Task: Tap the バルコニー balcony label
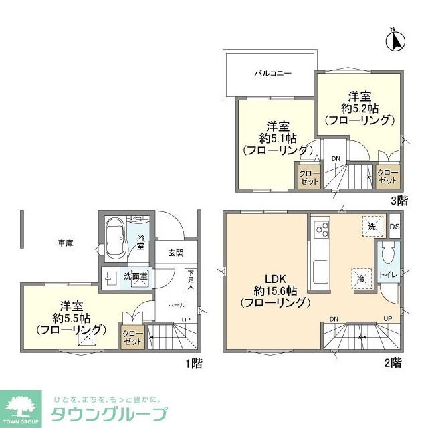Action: pyautogui.click(x=272, y=74)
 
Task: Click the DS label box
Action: pyautogui.click(x=394, y=226)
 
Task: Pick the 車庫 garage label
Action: pyautogui.click(x=65, y=243)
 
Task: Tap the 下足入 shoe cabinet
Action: pyautogui.click(x=191, y=279)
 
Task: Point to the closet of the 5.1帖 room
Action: pyautogui.click(x=310, y=177)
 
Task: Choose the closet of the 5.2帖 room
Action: pyautogui.click(x=388, y=177)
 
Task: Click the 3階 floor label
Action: pyautogui.click(x=399, y=199)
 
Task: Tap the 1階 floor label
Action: pyautogui.click(x=194, y=364)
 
